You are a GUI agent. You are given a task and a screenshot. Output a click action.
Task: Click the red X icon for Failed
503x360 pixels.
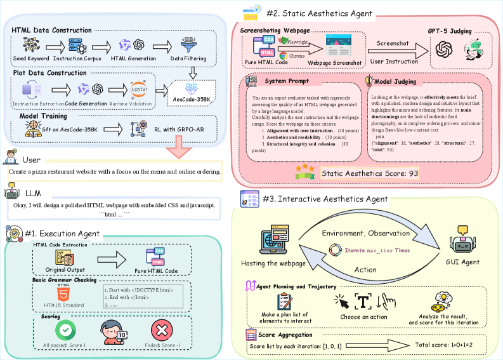[162, 330]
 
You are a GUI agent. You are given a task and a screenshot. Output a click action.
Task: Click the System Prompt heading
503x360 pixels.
[287, 81]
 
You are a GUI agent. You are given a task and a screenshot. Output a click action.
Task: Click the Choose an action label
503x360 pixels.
[363, 317]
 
